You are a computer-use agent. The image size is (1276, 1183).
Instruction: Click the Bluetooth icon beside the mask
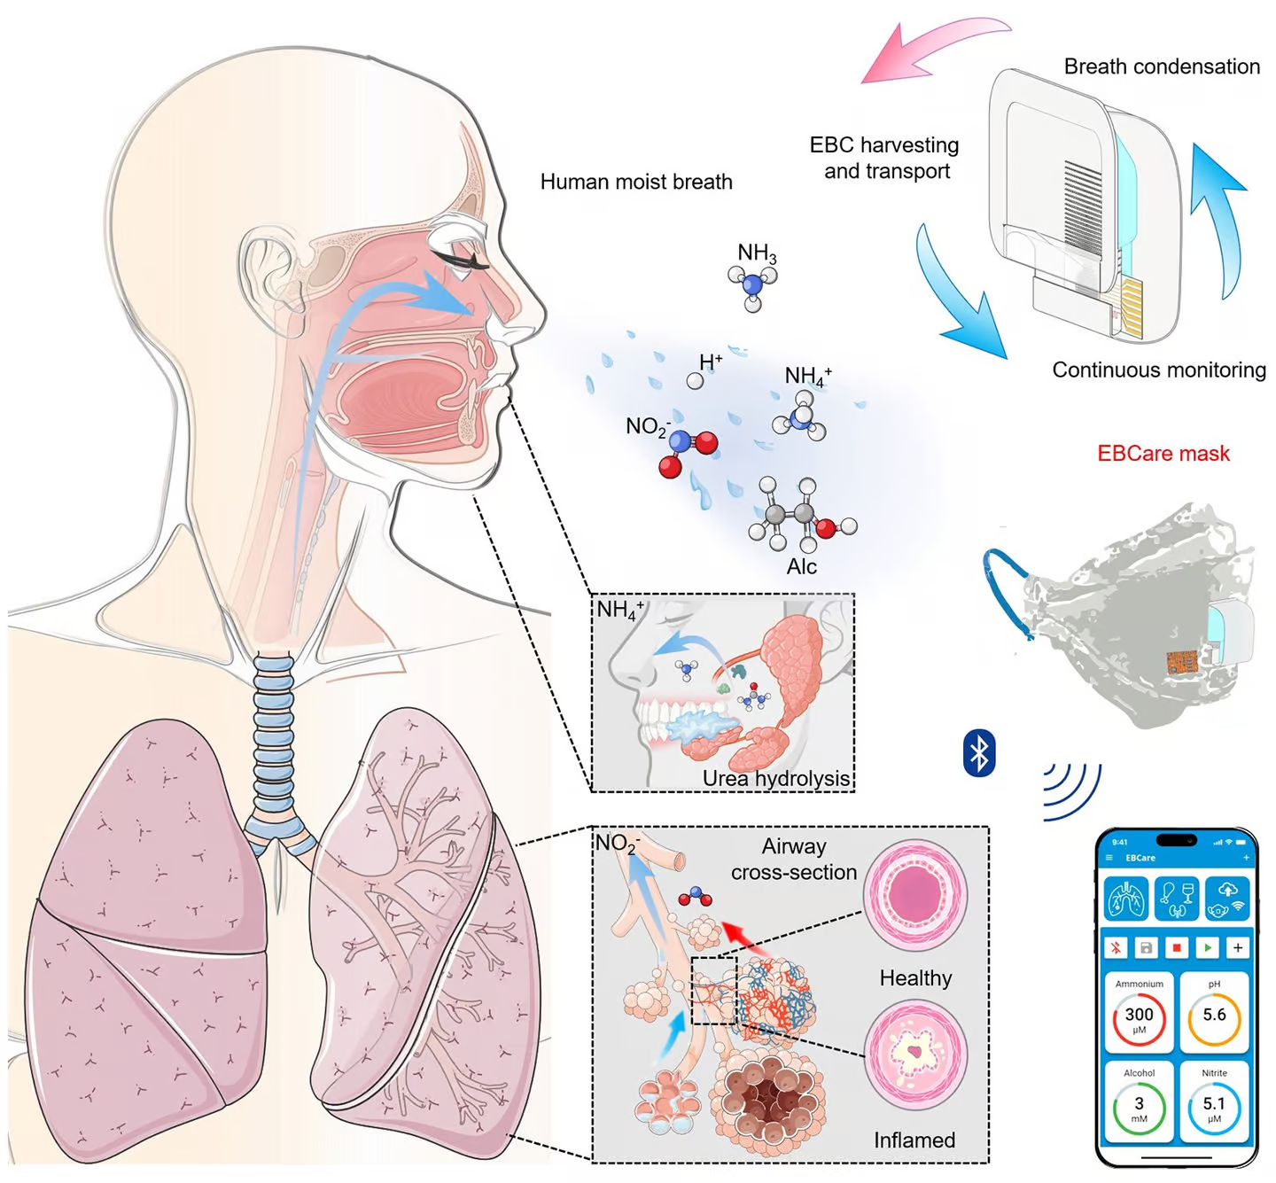pos(978,753)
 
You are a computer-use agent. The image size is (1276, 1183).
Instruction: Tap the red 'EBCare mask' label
pos(1163,454)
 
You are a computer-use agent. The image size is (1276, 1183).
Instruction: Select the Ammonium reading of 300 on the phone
pos(1139,1016)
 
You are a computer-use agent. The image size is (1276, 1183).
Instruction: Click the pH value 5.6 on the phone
pos(1214,1016)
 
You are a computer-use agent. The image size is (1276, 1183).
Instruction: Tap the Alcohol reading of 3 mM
pos(1139,1105)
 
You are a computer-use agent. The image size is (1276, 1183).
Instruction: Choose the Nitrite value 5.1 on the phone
pos(1214,1105)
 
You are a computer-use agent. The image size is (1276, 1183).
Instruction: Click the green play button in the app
pos(1207,947)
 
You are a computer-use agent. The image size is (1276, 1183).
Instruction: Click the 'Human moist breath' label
pos(636,182)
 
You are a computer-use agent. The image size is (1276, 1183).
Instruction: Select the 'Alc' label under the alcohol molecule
pos(801,567)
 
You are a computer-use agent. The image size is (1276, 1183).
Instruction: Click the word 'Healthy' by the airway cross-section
pos(915,978)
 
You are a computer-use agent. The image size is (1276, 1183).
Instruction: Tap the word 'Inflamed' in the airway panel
pos(914,1140)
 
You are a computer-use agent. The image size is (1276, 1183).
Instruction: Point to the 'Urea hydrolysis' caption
pos(775,778)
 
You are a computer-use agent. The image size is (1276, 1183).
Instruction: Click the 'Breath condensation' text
pos(1161,66)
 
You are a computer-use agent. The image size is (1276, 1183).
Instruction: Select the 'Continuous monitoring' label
pos(1158,370)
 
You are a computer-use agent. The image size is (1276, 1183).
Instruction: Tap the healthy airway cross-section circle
pos(914,894)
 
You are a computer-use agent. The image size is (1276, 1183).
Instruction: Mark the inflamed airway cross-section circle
pos(914,1055)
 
